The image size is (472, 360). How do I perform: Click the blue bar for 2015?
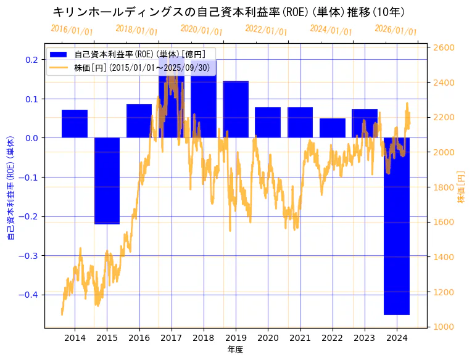coord(107,181)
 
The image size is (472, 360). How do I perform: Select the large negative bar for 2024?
coord(397,226)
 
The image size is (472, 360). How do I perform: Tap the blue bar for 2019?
coord(236,109)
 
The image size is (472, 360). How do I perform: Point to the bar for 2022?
coord(333,128)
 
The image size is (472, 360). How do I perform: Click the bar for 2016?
coord(139,121)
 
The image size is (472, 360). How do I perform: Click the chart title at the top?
coord(228,12)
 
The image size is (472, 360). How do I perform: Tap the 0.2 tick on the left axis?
coord(31,60)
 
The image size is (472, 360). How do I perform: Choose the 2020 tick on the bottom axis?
coord(268,337)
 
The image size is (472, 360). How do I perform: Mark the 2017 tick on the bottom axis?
coord(171,337)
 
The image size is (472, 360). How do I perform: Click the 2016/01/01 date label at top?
coord(72,30)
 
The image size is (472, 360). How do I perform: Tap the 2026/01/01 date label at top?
coord(395,30)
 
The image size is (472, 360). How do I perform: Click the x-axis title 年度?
coord(235,350)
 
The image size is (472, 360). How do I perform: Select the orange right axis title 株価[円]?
coord(461,187)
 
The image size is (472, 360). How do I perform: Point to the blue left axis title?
coord(10,187)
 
